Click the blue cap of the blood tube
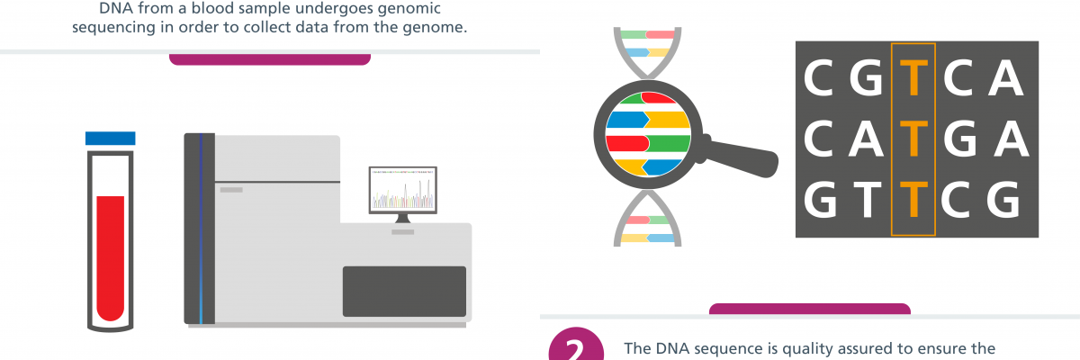pyautogui.click(x=111, y=139)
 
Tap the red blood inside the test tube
pyautogui.click(x=111, y=257)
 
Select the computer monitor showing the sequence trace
pyautogui.click(x=403, y=191)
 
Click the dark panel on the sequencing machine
pyautogui.click(x=404, y=292)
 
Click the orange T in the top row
pyautogui.click(x=913, y=78)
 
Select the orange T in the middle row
pyautogui.click(x=913, y=139)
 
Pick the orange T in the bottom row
pyautogui.click(x=913, y=199)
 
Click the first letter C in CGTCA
pyautogui.click(x=819, y=78)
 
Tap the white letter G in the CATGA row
pyautogui.click(x=960, y=139)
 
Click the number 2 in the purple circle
pyautogui.click(x=576, y=348)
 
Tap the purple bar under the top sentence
pyautogui.click(x=269, y=59)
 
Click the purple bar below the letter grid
pyautogui.click(x=810, y=309)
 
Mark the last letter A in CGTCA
pyautogui.click(x=1006, y=78)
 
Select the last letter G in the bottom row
pyautogui.click(x=1003, y=199)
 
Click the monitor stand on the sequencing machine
pyautogui.click(x=403, y=219)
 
